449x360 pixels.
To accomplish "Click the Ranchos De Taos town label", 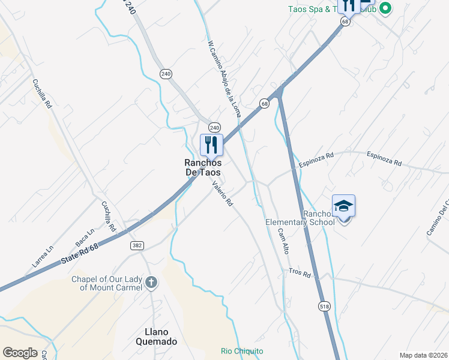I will point(202,167).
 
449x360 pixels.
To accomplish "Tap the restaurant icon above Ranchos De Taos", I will point(211,145).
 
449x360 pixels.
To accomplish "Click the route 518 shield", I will point(325,305).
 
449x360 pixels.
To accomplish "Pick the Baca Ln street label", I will point(85,239).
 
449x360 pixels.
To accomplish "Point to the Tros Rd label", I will point(299,274).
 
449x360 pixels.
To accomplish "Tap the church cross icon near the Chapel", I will point(151,283).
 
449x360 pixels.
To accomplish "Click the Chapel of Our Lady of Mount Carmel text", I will point(107,283).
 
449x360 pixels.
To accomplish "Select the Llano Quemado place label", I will point(152,337).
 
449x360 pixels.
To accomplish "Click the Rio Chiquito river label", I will point(242,351).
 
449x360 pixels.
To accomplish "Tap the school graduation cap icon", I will point(343,206).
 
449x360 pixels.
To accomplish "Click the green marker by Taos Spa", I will point(385,8).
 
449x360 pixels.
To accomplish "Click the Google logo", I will point(20,353).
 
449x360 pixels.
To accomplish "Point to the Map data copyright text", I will point(423,355).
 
